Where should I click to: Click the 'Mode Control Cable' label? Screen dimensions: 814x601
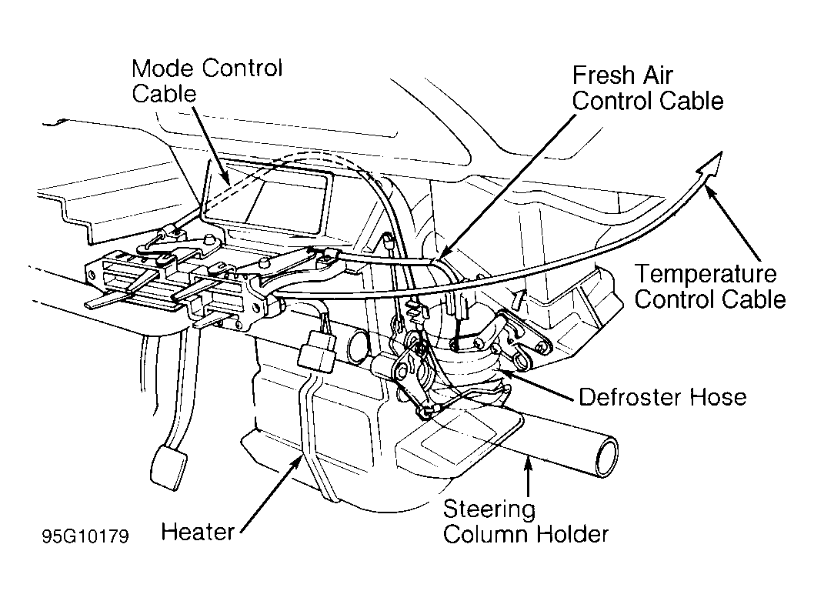[x=207, y=81]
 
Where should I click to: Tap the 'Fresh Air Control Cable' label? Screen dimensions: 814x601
[x=648, y=88]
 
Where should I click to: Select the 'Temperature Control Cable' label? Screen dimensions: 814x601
[x=710, y=287]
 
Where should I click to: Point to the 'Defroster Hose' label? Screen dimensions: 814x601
[x=663, y=397]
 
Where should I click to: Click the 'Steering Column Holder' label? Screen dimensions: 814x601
[x=525, y=522]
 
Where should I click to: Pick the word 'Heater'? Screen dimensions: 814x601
[x=198, y=532]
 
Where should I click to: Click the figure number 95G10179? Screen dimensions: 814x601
[x=85, y=536]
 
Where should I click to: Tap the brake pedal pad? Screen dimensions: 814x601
[x=168, y=467]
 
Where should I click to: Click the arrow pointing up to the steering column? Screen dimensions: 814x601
[x=528, y=476]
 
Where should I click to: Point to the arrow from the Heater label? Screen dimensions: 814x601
[x=271, y=492]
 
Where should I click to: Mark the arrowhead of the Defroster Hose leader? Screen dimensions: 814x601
[x=505, y=373]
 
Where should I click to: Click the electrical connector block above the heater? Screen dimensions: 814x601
[x=317, y=351]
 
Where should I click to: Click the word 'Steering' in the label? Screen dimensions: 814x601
[x=489, y=510]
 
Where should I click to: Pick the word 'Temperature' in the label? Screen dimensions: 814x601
[x=706, y=275]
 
